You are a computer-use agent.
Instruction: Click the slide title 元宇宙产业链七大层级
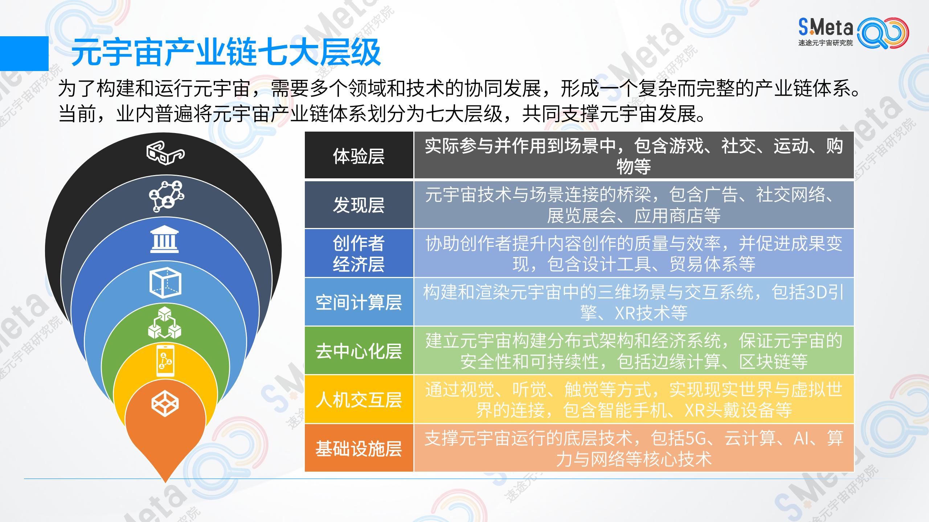(226, 53)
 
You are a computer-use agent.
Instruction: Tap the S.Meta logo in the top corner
(853, 33)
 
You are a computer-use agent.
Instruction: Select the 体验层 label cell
(359, 156)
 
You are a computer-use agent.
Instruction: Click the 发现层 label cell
(359, 205)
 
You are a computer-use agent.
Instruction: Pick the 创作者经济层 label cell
(359, 253)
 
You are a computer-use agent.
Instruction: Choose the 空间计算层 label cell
(359, 302)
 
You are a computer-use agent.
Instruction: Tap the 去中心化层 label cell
(359, 351)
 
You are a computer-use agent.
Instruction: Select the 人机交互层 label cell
(359, 399)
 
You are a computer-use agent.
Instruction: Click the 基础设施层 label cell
(359, 448)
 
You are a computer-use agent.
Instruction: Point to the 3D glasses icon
(165, 154)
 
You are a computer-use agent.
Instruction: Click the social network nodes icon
(166, 196)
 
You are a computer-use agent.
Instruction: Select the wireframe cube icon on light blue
(165, 283)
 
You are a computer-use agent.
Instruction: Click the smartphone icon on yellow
(165, 360)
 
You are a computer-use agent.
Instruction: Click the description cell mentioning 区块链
(634, 351)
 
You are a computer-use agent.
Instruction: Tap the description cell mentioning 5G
(634, 448)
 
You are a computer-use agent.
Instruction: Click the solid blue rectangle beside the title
(24, 53)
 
